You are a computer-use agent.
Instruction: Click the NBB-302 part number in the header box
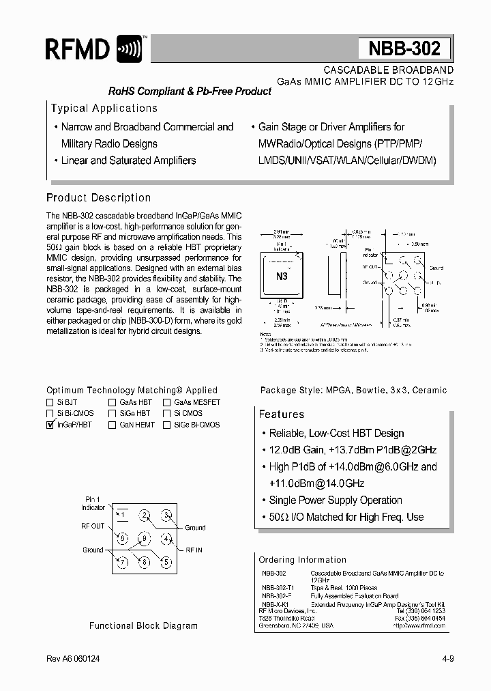tap(404, 49)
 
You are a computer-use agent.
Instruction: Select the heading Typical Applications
tap(104, 108)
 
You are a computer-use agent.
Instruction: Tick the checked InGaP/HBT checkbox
tap(50, 425)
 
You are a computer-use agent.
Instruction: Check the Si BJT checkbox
tap(50, 403)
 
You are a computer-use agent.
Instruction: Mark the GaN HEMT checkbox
tap(112, 425)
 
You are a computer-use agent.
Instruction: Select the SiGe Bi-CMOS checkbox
tap(166, 425)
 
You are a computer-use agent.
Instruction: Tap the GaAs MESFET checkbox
tap(166, 403)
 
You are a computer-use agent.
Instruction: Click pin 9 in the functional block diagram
tap(144, 538)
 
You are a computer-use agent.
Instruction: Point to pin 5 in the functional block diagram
tap(166, 562)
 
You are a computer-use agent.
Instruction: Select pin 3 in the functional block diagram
tap(166, 515)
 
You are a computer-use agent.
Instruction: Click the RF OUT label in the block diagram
tap(93, 526)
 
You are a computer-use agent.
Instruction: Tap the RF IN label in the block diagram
tap(194, 549)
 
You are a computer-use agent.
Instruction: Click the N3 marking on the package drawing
tap(282, 277)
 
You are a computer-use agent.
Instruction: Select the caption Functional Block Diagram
tap(144, 625)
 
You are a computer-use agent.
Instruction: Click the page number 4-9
tap(446, 660)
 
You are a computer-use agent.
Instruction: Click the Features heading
tap(282, 414)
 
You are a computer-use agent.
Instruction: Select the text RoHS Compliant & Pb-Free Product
tap(190, 91)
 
